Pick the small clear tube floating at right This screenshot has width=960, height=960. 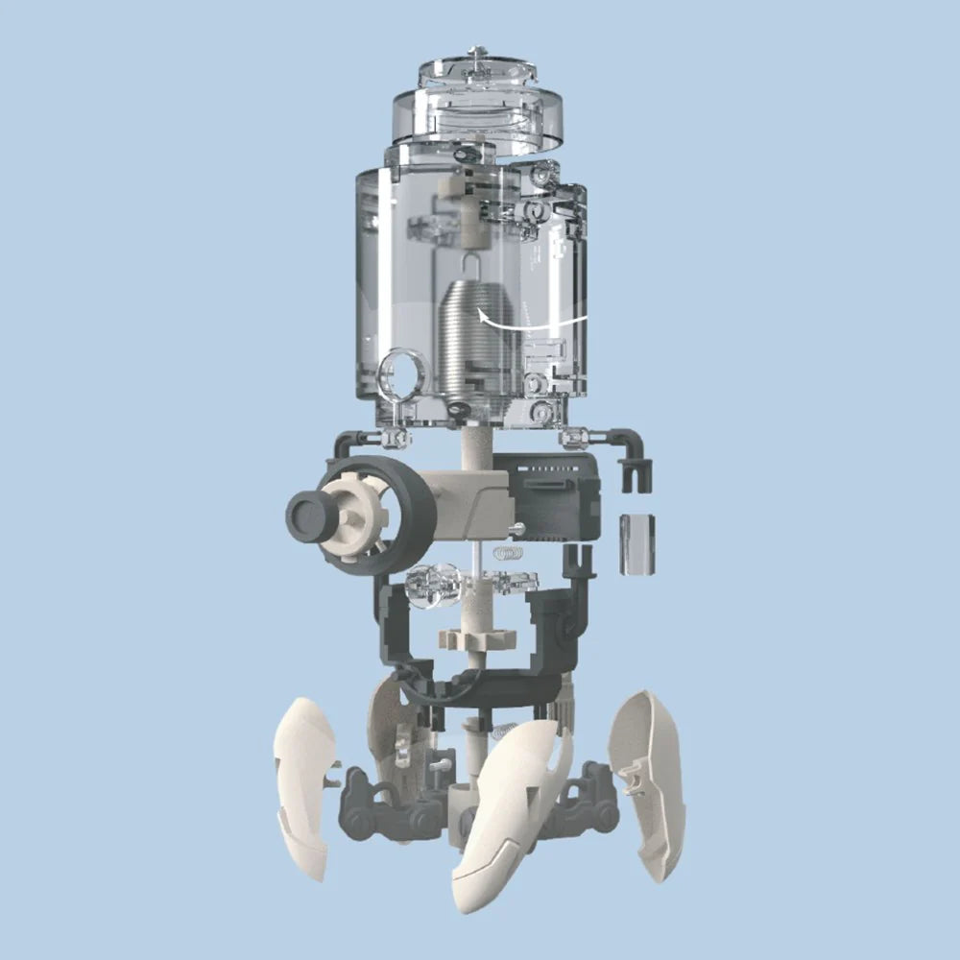pyautogui.click(x=636, y=544)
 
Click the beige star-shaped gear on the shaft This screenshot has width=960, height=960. pyautogui.click(x=477, y=638)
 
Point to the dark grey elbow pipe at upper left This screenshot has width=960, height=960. pyautogui.click(x=348, y=444)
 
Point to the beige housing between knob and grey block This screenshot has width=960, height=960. pyautogui.click(x=470, y=504)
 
